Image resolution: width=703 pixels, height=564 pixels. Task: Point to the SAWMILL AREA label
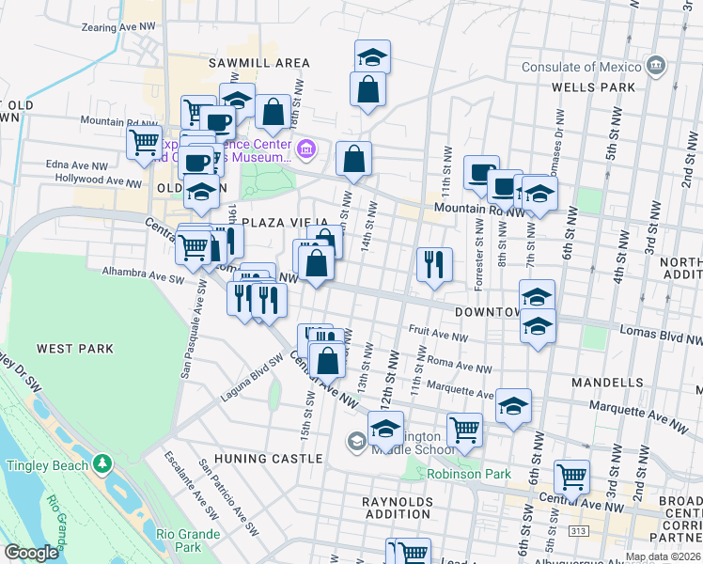pyautogui.click(x=259, y=63)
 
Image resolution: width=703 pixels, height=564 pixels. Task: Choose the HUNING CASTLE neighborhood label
pyautogui.click(x=268, y=459)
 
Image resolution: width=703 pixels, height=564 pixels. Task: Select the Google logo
pyautogui.click(x=32, y=553)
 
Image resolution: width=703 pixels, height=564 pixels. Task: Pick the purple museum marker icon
pyautogui.click(x=305, y=149)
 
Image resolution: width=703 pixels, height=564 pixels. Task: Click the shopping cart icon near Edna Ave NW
pyautogui.click(x=144, y=143)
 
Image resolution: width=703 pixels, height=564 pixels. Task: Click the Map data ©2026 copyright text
pyautogui.click(x=663, y=556)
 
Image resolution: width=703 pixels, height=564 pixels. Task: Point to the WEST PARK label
pyautogui.click(x=74, y=349)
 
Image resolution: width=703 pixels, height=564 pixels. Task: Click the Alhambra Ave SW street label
pyautogui.click(x=144, y=273)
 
